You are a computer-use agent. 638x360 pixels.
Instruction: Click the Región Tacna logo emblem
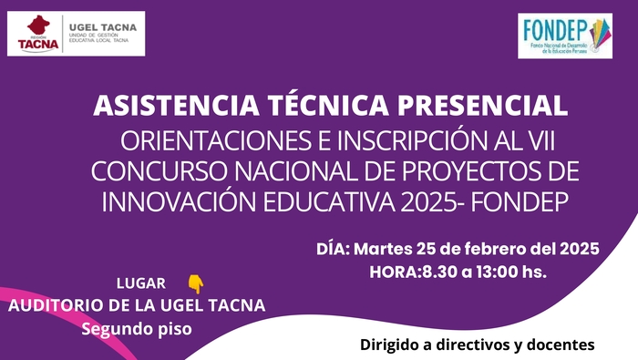tap(38, 34)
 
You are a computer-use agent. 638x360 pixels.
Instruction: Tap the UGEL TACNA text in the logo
tap(103, 27)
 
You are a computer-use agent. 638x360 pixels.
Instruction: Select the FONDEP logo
tap(565, 36)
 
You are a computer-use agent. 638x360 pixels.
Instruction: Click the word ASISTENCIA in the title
tap(176, 105)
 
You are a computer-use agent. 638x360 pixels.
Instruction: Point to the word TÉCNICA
tap(328, 105)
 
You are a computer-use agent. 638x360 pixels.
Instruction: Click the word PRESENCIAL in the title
tap(482, 105)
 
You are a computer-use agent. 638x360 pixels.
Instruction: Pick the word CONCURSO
tap(159, 171)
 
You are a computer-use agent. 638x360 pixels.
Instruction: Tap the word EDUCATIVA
tap(329, 202)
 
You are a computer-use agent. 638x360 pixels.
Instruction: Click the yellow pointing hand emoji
tap(196, 283)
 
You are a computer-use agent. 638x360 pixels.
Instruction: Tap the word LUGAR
tap(141, 283)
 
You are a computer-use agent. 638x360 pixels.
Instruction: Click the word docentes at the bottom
tap(561, 345)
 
